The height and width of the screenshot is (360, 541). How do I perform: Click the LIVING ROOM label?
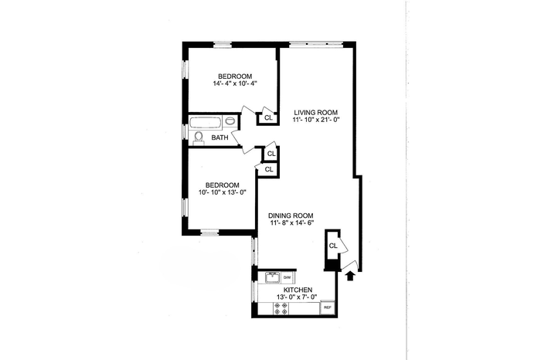(x=315, y=113)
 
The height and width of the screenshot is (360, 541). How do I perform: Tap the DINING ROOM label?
(x=291, y=216)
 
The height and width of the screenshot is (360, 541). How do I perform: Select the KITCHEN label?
(x=298, y=290)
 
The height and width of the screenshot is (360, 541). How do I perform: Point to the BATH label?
(x=219, y=138)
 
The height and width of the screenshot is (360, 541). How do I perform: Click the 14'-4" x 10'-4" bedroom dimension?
(x=235, y=83)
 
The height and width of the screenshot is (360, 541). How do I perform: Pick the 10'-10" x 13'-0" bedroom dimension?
(x=222, y=192)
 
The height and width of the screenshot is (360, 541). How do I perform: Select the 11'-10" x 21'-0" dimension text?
(x=316, y=120)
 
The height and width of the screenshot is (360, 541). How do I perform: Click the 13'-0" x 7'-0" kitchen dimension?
(x=297, y=297)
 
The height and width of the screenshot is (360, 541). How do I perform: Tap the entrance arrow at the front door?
(x=350, y=277)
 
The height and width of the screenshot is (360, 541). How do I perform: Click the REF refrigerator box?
(x=328, y=307)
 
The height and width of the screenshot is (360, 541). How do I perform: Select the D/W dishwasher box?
(x=287, y=277)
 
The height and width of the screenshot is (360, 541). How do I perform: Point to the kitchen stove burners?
(x=280, y=308)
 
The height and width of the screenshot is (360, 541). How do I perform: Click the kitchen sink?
(x=272, y=277)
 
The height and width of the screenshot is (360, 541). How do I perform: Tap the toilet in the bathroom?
(x=199, y=138)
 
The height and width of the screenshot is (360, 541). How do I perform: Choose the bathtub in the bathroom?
(x=206, y=122)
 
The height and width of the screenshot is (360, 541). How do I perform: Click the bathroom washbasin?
(x=230, y=121)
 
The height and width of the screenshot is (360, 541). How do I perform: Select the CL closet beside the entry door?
(x=333, y=246)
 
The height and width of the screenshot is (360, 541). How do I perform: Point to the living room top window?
(x=315, y=44)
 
